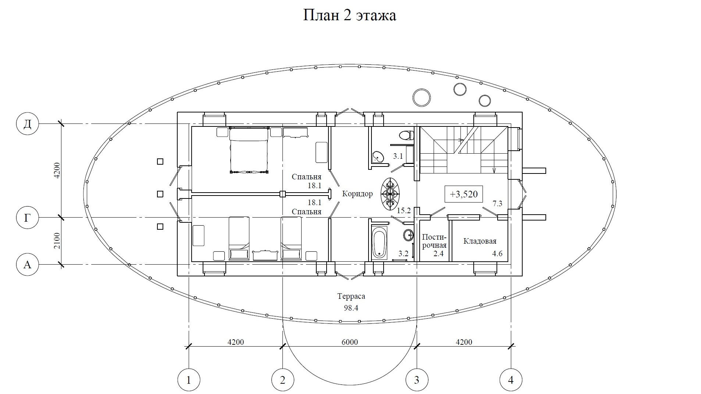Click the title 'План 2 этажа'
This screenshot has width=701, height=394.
(x=349, y=16)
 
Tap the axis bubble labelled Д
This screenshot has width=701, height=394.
(x=28, y=124)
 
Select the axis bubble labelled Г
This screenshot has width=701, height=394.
(x=28, y=218)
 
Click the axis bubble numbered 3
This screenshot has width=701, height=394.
(x=416, y=380)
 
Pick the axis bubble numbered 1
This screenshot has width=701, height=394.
(x=189, y=380)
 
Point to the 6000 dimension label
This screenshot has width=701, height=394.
(x=349, y=342)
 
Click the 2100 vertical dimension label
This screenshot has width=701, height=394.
(x=57, y=241)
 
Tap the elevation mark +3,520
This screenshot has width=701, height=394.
(x=463, y=194)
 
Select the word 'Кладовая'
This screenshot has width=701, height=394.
(x=480, y=241)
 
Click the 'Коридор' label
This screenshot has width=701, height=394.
(x=357, y=194)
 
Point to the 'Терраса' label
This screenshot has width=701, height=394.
(x=351, y=296)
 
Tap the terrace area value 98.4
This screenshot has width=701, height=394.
(x=351, y=308)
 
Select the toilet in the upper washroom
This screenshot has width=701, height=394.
(x=406, y=135)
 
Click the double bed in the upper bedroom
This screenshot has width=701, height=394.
(x=249, y=150)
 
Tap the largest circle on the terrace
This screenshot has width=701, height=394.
(x=421, y=98)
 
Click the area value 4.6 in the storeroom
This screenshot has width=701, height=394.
(x=497, y=254)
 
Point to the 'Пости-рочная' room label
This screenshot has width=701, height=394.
(x=434, y=241)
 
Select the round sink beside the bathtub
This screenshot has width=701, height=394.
(x=408, y=234)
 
